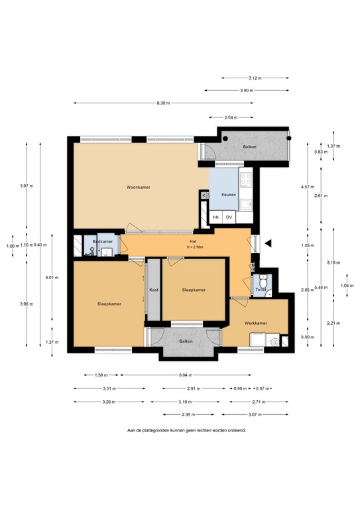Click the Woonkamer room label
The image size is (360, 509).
click(138, 188)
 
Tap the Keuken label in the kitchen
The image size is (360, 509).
click(229, 196)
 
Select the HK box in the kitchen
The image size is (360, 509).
click(215, 217)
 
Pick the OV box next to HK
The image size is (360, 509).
click(229, 217)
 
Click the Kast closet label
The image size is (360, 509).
click(153, 290)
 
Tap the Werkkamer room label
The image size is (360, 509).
click(255, 323)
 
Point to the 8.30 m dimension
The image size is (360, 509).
click(163, 103)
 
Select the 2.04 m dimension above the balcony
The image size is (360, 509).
click(230, 117)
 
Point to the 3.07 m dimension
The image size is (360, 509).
click(255, 415)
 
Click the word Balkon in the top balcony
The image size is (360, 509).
click(249, 146)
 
